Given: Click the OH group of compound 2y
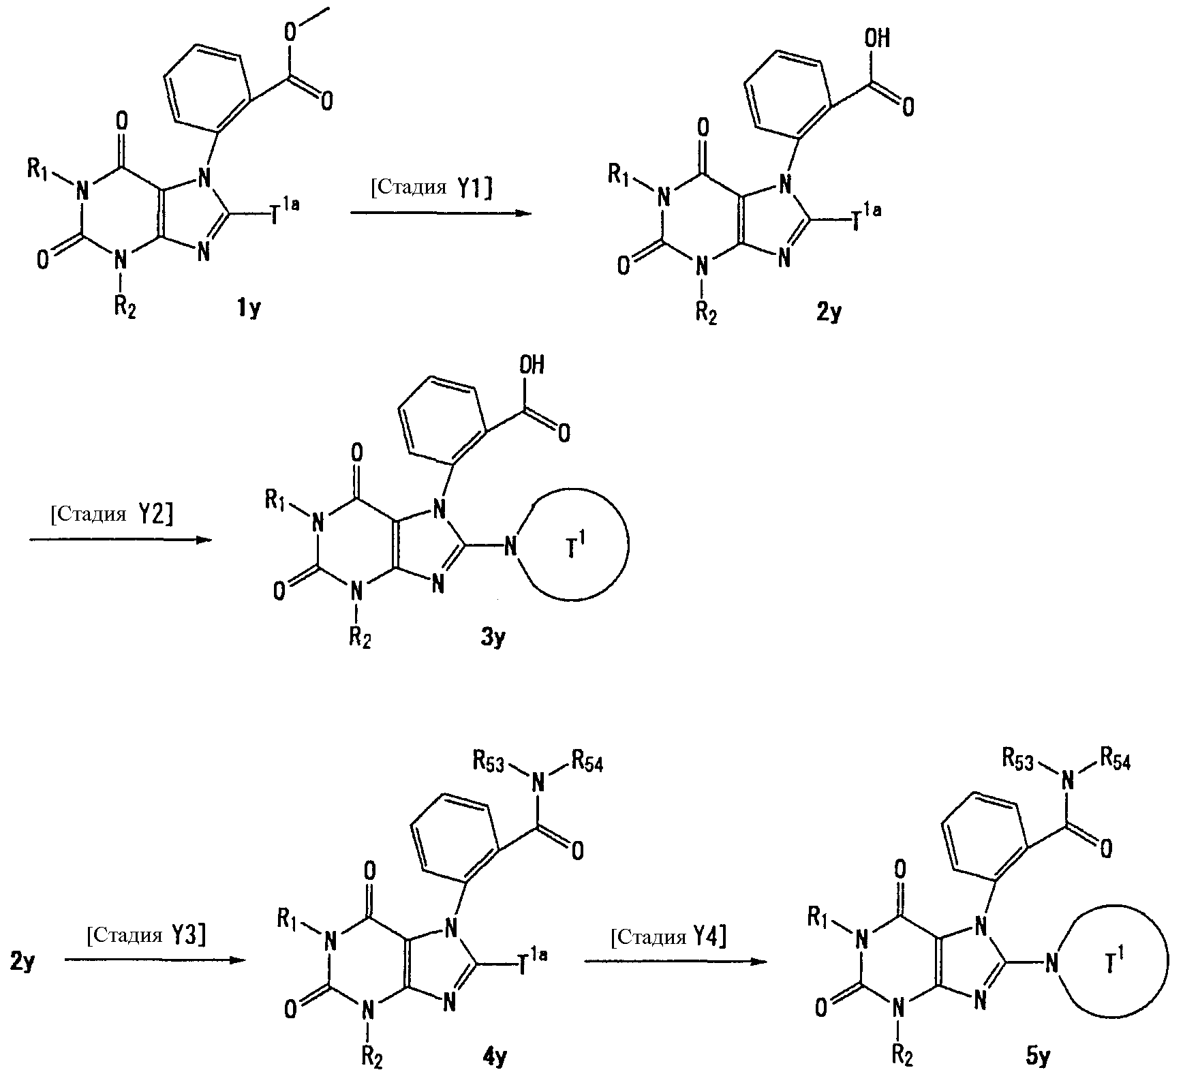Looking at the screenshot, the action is pyautogui.click(x=876, y=39).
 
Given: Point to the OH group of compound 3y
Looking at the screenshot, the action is pyautogui.click(x=532, y=366).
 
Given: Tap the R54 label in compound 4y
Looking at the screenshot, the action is pyautogui.click(x=587, y=763).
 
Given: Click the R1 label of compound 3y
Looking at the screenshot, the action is pyautogui.click(x=277, y=504).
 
